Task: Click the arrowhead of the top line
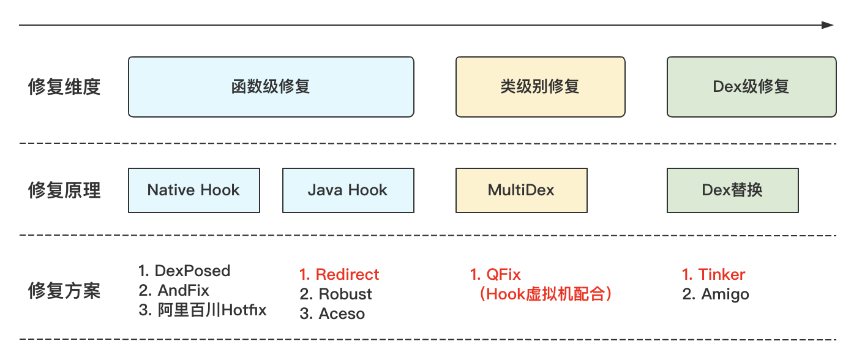828,25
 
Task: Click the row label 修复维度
64,86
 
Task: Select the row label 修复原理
64,190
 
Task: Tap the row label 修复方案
64,291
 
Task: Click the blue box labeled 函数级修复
271,87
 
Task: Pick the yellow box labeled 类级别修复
541,87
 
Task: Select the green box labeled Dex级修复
752,87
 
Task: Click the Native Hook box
194,190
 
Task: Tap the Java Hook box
348,190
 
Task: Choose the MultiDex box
522,190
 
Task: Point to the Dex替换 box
733,190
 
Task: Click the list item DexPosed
184,271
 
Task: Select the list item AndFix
174,290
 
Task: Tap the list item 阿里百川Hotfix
203,310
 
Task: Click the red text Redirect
339,274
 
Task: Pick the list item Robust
335,294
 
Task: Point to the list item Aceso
332,314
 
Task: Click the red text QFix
495,274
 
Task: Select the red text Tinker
713,274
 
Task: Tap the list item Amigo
716,294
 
